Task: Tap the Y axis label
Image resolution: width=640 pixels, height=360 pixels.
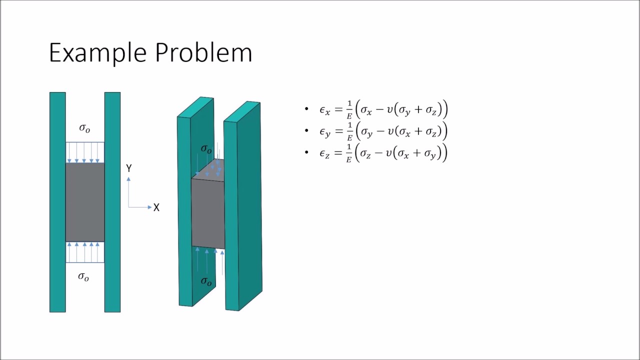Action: pyautogui.click(x=129, y=168)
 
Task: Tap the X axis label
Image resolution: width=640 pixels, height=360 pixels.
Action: pyautogui.click(x=156, y=207)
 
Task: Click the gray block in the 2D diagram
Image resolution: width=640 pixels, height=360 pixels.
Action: pyautogui.click(x=85, y=202)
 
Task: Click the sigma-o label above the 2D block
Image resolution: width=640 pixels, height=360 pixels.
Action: pyautogui.click(x=84, y=128)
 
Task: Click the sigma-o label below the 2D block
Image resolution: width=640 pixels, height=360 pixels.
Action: pyautogui.click(x=83, y=276)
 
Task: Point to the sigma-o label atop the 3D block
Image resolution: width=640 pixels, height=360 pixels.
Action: pyautogui.click(x=206, y=149)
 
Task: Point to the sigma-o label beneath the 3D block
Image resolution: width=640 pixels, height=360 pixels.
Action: pyautogui.click(x=206, y=281)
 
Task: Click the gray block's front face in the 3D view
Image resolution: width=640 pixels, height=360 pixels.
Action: pyautogui.click(x=207, y=212)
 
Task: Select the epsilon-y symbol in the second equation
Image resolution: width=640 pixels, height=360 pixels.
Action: pyautogui.click(x=324, y=131)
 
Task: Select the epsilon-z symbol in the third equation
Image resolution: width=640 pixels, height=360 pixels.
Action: pyautogui.click(x=324, y=153)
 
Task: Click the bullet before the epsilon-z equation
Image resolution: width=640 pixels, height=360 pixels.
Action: pyautogui.click(x=306, y=152)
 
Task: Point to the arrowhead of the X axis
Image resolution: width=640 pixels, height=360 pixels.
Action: pyautogui.click(x=149, y=207)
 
